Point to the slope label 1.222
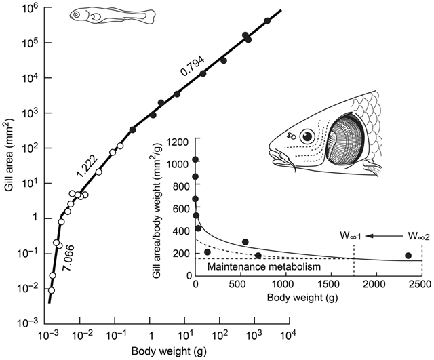click(x=85, y=166)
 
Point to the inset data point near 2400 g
click(x=408, y=256)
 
